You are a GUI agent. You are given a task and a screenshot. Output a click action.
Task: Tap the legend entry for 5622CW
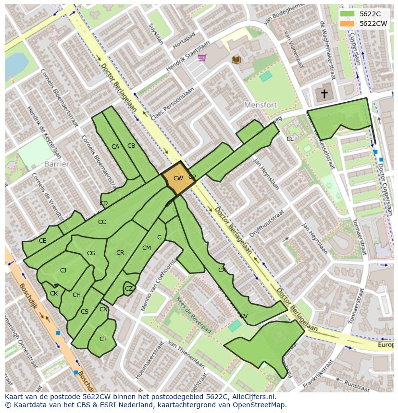tap(373, 24)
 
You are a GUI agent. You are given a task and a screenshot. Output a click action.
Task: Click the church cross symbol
tap(324, 93)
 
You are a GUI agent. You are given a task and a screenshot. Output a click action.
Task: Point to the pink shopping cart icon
tap(202, 58)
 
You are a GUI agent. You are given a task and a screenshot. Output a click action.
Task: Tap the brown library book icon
tap(236, 59)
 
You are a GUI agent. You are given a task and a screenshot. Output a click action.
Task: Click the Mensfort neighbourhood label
tap(261, 105)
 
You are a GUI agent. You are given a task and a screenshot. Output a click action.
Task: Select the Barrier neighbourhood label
tap(57, 164)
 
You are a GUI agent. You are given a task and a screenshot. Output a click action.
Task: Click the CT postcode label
tap(103, 339)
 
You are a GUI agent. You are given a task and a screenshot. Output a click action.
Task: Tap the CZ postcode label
tap(129, 289)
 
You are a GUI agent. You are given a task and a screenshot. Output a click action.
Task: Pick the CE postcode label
tap(43, 241)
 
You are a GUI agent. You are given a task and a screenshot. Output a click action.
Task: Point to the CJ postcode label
tap(63, 271)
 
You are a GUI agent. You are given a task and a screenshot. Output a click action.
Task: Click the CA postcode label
tap(115, 147)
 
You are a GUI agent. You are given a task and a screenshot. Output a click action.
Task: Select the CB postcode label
tap(131, 146)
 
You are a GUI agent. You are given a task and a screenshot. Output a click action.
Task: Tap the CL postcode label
tap(290, 139)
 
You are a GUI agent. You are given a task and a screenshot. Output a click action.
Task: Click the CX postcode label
tap(222, 270)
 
